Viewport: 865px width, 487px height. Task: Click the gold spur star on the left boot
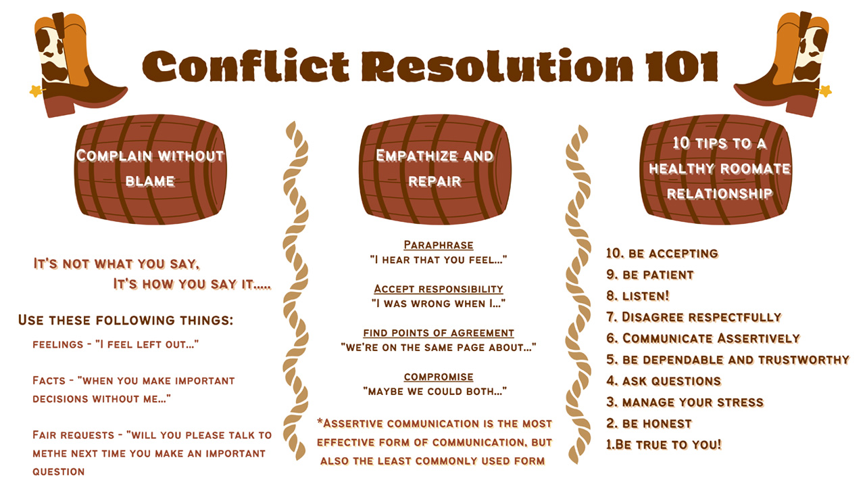36,91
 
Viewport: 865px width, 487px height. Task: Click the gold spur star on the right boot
825,91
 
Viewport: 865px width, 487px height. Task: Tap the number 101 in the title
682,66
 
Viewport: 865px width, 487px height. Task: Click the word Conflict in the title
246,66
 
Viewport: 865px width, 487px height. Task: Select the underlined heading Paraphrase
439,245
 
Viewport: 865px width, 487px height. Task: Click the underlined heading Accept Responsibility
439,289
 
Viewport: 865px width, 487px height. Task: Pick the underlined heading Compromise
439,377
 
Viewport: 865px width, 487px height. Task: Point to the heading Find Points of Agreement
439,333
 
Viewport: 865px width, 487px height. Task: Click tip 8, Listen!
637,296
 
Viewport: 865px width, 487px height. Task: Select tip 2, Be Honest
649,423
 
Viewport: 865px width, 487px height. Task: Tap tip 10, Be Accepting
662,254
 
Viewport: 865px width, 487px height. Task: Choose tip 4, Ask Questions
664,381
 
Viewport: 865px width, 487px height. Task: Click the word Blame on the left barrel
150,181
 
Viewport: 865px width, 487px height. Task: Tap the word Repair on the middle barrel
435,181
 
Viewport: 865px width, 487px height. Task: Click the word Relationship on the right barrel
720,193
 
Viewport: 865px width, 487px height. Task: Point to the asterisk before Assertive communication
320,421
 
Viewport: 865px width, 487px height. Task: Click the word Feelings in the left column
58,344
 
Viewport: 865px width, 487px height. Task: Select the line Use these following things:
126,320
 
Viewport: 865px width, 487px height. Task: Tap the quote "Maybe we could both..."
435,391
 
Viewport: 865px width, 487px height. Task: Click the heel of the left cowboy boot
59,105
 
